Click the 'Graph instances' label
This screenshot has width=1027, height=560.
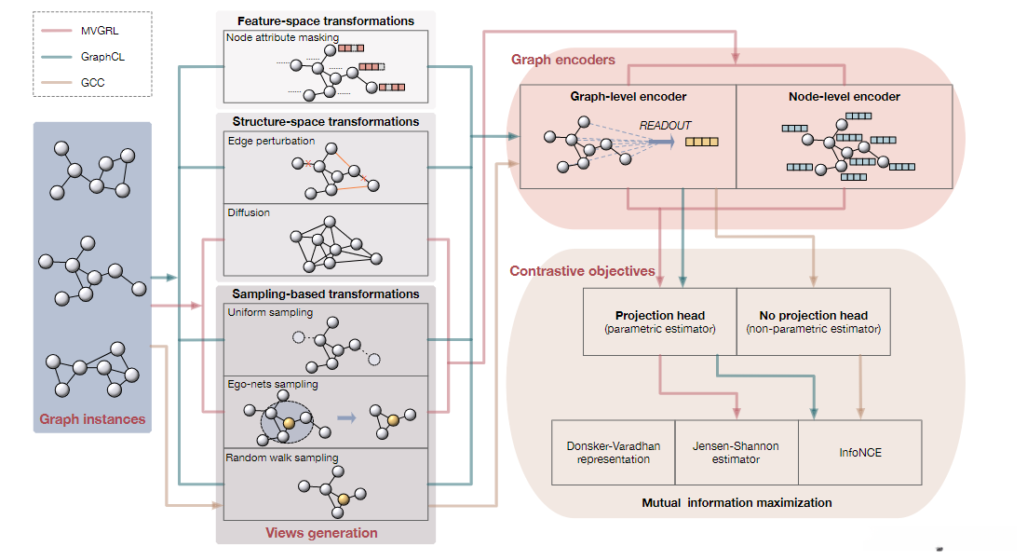click(92, 419)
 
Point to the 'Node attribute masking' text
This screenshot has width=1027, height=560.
click(282, 37)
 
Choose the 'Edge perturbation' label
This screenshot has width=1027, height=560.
click(271, 141)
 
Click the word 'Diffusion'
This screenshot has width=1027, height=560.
click(249, 212)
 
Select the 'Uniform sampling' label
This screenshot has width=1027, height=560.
click(270, 312)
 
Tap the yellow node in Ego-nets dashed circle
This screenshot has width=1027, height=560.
click(290, 424)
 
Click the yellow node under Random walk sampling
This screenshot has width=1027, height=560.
click(344, 500)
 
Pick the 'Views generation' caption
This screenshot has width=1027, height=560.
click(321, 533)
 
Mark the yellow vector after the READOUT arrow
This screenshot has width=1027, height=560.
click(702, 142)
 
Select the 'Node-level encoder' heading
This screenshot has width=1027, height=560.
click(845, 96)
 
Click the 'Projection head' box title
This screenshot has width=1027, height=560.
click(659, 315)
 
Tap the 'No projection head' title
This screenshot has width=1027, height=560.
click(813, 315)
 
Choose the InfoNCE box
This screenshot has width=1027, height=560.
click(860, 453)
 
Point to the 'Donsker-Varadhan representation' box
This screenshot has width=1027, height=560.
click(613, 453)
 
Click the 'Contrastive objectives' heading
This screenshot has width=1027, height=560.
click(582, 271)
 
